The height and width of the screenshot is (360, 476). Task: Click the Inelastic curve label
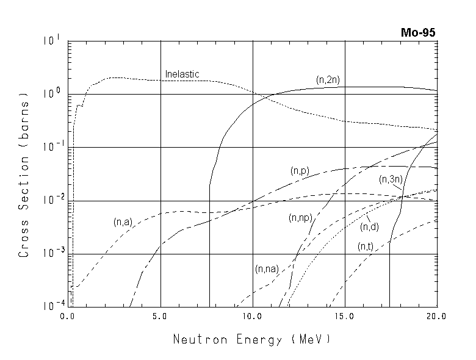point(182,74)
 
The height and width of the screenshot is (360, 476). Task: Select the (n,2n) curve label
point(328,80)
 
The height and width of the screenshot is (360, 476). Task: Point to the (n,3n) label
point(391,179)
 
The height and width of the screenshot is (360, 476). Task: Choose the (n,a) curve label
point(123,222)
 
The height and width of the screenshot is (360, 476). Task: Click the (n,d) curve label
point(369,227)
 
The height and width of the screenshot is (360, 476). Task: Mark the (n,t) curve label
point(366,247)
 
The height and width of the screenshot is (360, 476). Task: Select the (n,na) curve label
point(267,268)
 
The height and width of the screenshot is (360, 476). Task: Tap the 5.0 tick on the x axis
point(160,317)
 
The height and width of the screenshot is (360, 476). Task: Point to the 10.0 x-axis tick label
point(252,317)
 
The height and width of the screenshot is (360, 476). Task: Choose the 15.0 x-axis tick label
point(345,317)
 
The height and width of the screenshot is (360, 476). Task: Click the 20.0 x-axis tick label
point(436,317)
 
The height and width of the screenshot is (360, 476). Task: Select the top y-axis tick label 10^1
point(51,41)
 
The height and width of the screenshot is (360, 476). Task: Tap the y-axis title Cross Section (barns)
point(24,175)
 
